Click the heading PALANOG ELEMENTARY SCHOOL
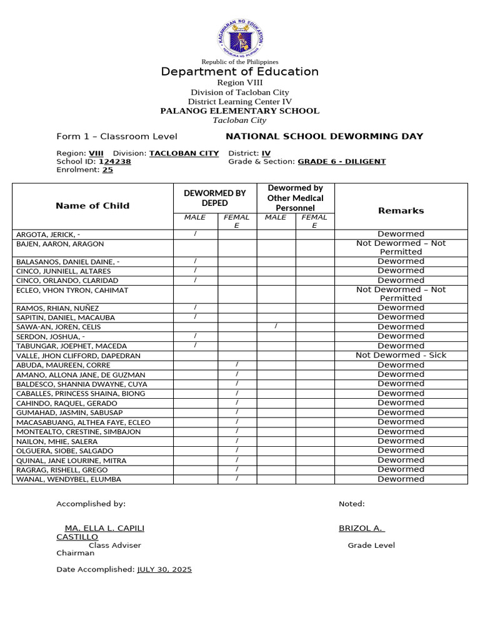[x=240, y=111]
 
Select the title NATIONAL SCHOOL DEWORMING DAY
[x=324, y=137]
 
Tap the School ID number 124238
[x=115, y=162]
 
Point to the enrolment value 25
[x=107, y=170]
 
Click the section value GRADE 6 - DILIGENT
[x=341, y=162]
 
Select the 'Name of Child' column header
[x=92, y=206]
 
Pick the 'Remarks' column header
[x=401, y=211]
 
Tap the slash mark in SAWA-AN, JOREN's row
[x=276, y=326]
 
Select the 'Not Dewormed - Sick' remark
[x=401, y=355]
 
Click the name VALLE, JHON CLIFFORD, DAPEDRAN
[x=78, y=356]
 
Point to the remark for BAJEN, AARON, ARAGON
[x=401, y=248]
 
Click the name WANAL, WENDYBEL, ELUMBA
[x=69, y=480]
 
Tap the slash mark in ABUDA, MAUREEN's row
[x=237, y=364]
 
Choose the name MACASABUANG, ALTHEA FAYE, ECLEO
[x=83, y=422]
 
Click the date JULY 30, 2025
[x=164, y=570]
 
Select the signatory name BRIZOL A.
[x=361, y=528]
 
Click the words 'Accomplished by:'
[x=91, y=504]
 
